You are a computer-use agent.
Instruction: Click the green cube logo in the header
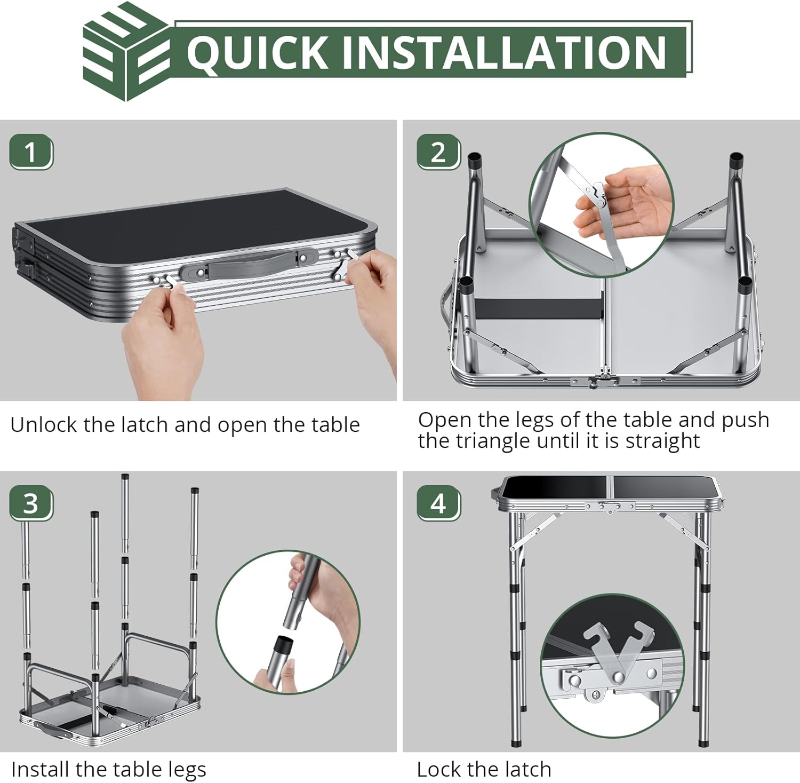pyautogui.click(x=126, y=52)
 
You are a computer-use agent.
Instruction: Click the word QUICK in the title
pyautogui.click(x=257, y=52)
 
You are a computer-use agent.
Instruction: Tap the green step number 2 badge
pyautogui.click(x=438, y=153)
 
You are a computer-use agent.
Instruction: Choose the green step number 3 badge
pyautogui.click(x=31, y=503)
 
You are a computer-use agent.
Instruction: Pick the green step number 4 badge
pyautogui.click(x=438, y=503)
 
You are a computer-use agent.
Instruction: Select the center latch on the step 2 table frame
pyautogui.click(x=602, y=379)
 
